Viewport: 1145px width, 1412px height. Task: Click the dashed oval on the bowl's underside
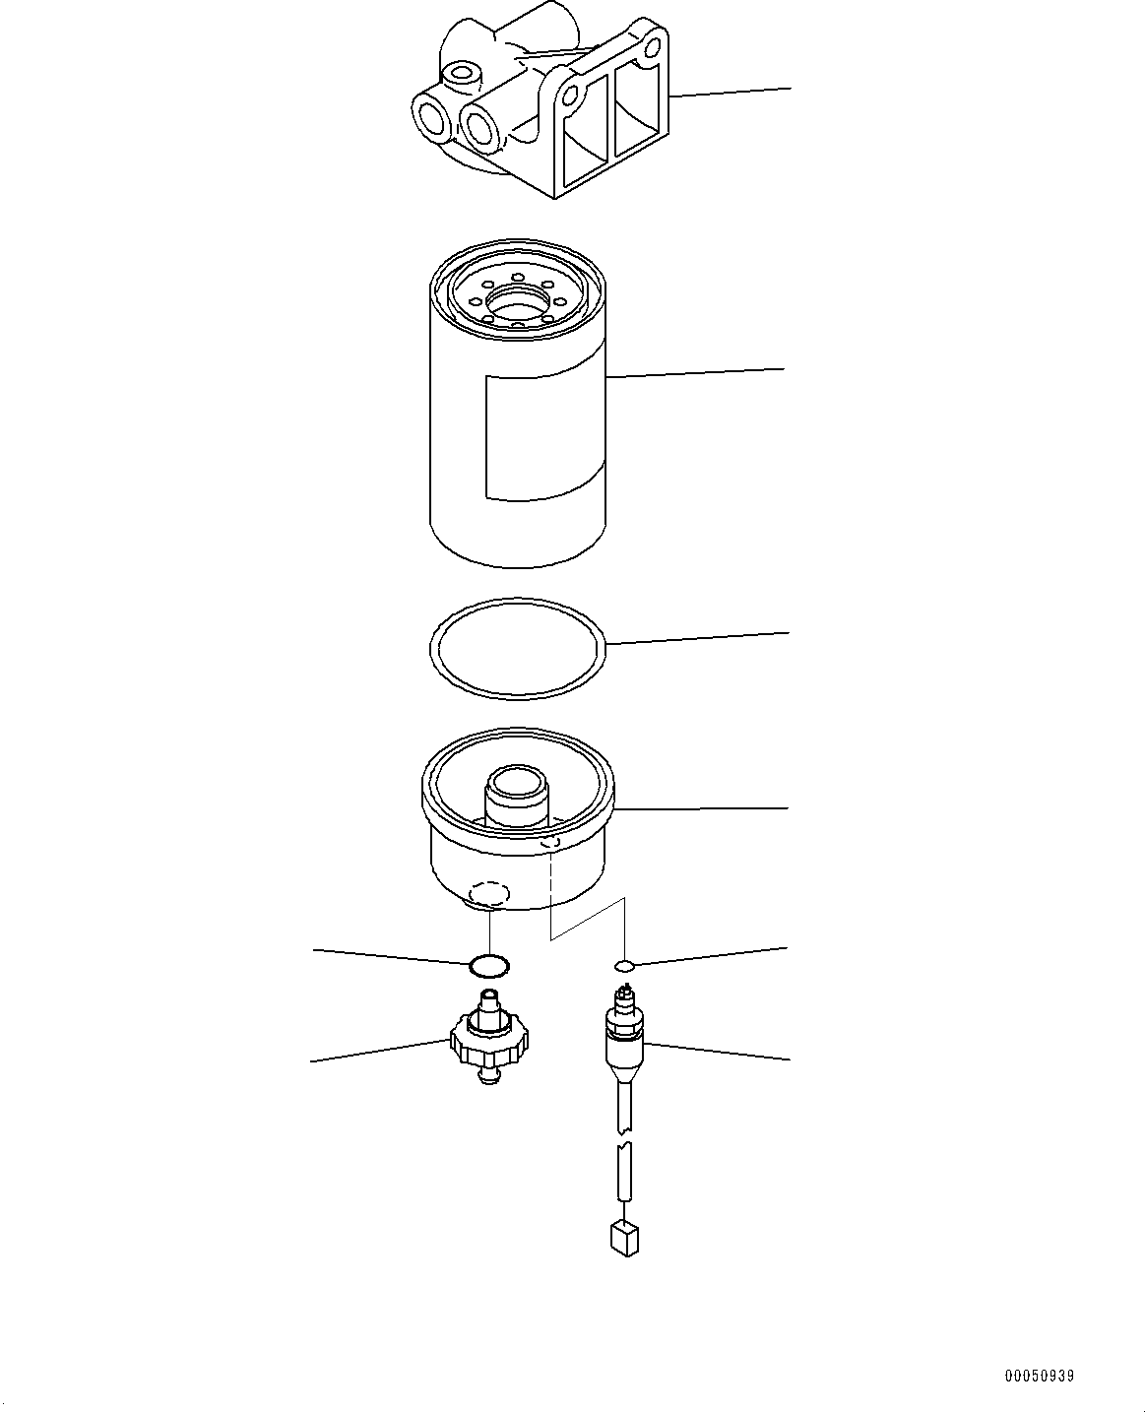pyautogui.click(x=489, y=894)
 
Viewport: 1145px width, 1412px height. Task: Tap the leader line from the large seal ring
pyautogui.click(x=699, y=638)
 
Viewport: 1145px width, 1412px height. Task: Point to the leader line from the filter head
pyautogui.click(x=729, y=93)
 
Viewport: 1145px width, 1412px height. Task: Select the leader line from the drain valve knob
pyautogui.click(x=379, y=1051)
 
